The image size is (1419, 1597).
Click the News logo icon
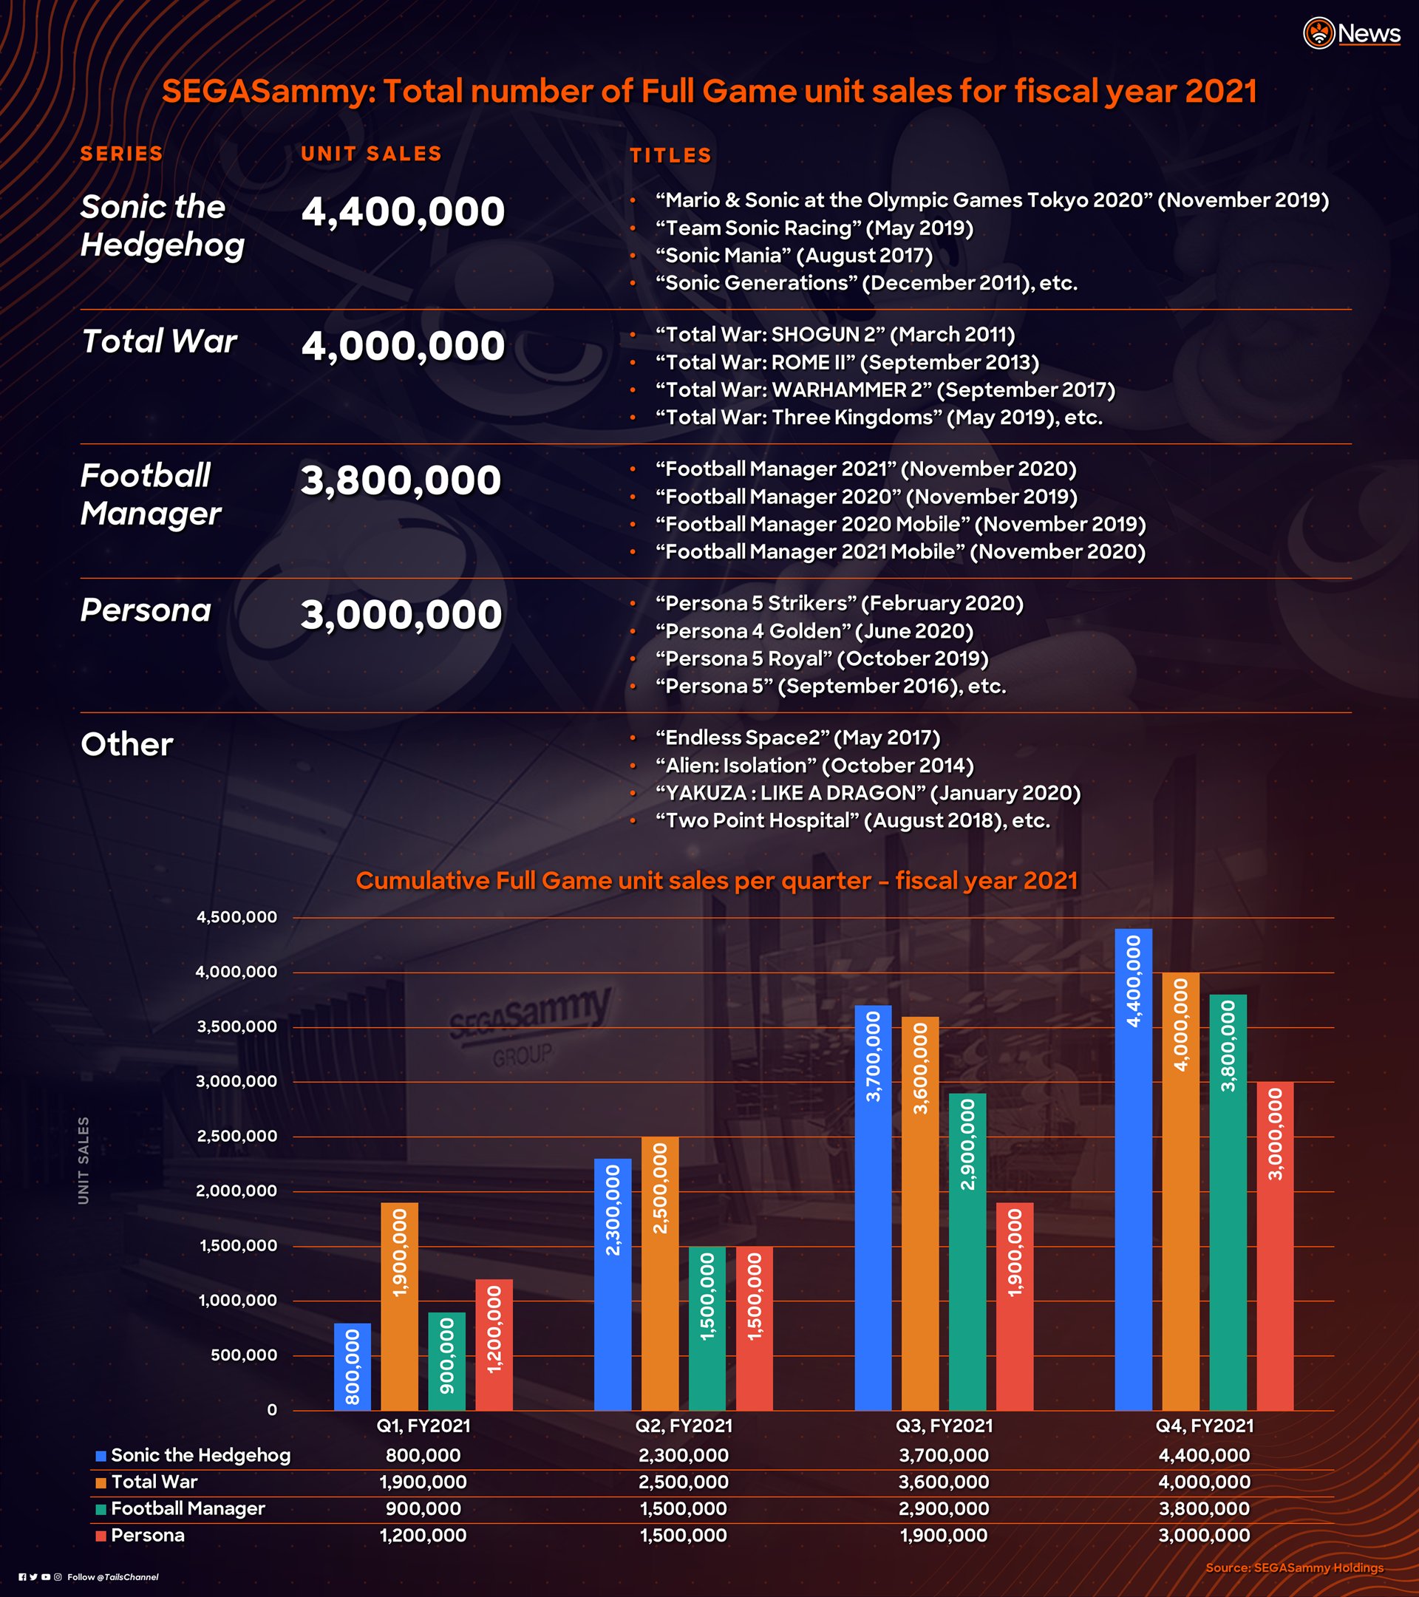pos(1318,33)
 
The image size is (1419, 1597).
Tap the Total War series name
pos(159,341)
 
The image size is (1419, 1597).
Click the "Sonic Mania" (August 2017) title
pos(794,256)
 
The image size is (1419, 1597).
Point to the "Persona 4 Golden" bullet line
pos(814,630)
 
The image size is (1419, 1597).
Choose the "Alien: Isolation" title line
pos(814,765)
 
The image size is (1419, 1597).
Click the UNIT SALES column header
pos(371,154)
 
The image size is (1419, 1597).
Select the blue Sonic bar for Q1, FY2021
pos(353,1366)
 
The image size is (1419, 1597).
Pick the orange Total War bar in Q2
pos(660,1273)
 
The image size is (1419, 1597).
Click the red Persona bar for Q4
pos(1275,1246)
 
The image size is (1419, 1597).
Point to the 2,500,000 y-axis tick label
pos(236,1136)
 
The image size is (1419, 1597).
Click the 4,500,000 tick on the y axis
pos(236,916)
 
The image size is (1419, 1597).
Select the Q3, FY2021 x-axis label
pos(944,1426)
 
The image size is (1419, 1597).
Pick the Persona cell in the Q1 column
pos(423,1535)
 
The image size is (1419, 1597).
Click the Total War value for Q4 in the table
pos(1204,1482)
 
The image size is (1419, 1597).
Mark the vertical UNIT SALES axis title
pos(84,1160)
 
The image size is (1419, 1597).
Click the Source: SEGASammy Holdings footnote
pos(1294,1567)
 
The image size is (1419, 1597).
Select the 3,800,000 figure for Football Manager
pos(401,480)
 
